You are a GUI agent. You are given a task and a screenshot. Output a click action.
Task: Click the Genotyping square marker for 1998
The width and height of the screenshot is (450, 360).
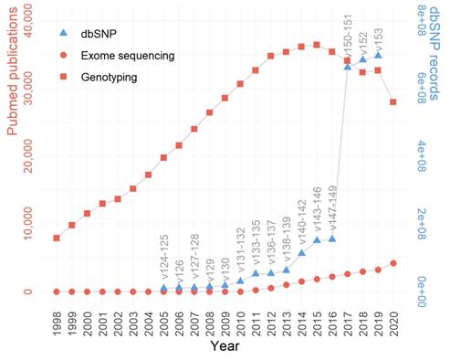pyautogui.click(x=58, y=238)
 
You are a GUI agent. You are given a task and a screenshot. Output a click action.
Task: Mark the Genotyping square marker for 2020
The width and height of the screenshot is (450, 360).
pyautogui.click(x=393, y=101)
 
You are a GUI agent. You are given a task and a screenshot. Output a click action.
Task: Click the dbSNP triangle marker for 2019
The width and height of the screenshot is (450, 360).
pyautogui.click(x=378, y=56)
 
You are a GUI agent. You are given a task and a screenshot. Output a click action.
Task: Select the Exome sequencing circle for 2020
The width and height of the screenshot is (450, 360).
pyautogui.click(x=393, y=263)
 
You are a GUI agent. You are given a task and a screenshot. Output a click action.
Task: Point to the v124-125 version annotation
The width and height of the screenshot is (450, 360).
pyautogui.click(x=164, y=259)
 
